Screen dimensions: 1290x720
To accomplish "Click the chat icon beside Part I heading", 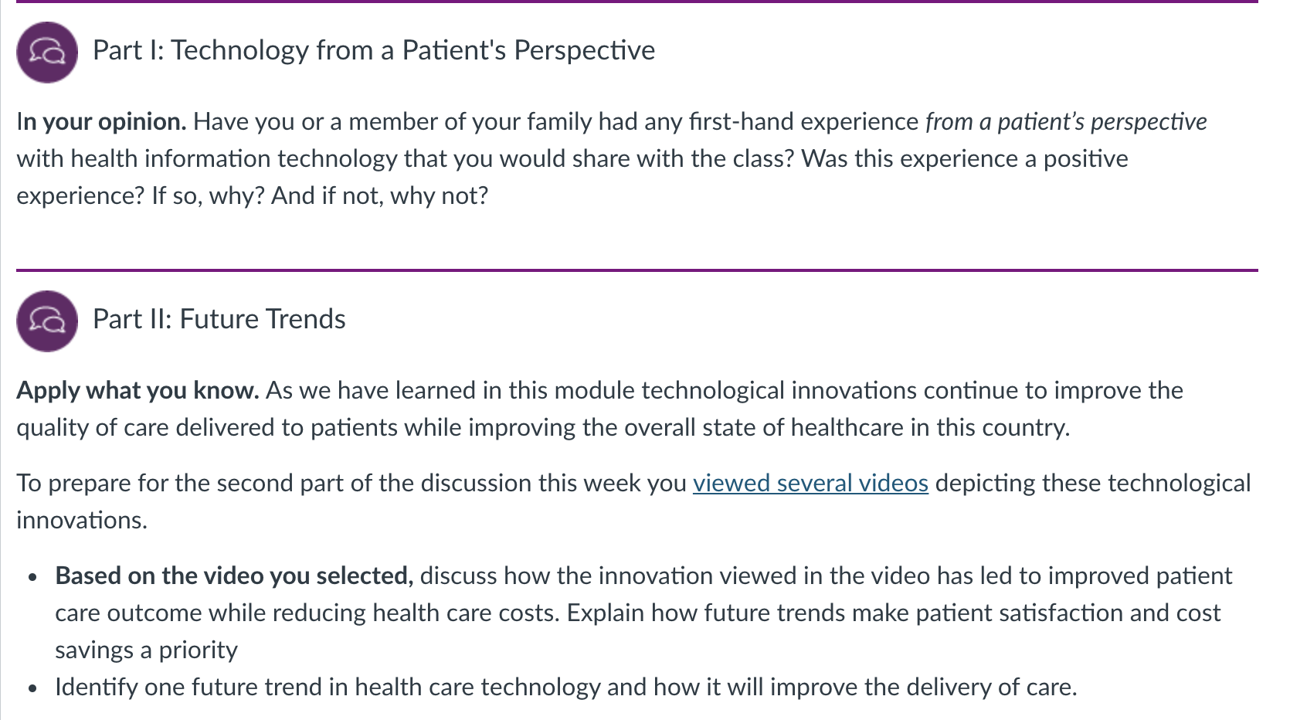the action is [x=47, y=53].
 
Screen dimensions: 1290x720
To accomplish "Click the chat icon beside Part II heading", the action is [x=47, y=321].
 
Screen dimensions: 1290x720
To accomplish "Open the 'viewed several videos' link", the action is [x=810, y=483].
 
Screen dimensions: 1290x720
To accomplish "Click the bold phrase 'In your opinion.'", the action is [x=101, y=122].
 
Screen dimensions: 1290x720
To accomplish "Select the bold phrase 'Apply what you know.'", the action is [x=137, y=391].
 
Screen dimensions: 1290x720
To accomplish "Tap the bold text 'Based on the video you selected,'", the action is [x=234, y=576].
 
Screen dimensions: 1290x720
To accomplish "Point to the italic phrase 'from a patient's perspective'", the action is [x=1066, y=122].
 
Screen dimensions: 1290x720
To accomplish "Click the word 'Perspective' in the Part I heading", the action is [x=585, y=50].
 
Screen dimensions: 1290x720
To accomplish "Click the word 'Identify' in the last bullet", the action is [x=97, y=688].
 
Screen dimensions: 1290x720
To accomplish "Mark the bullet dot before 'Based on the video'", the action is [x=32, y=577].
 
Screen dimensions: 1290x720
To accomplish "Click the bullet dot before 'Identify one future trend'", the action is [x=32, y=688].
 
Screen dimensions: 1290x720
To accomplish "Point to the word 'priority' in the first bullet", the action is [x=198, y=650].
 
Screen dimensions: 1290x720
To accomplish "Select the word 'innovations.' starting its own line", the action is [x=82, y=520].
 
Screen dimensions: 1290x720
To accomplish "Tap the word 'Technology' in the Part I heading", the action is [x=240, y=50].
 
